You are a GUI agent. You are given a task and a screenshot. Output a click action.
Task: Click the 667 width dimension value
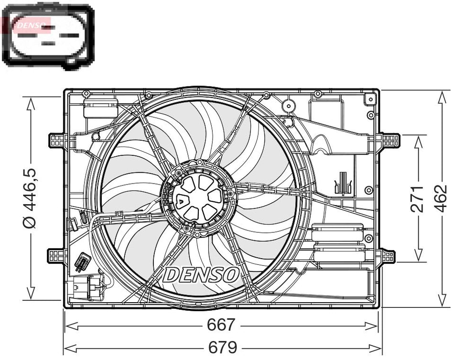[221, 325]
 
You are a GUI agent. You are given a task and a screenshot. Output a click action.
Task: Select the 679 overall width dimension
[223, 347]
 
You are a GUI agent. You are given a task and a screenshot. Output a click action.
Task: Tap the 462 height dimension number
[443, 197]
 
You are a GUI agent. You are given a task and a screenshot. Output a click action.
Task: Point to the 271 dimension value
[418, 198]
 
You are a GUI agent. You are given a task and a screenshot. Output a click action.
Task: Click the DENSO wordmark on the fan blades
[201, 274]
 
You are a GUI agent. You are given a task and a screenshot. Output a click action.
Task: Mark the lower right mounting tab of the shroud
[388, 256]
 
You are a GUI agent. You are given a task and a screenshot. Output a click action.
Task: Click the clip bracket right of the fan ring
[343, 185]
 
